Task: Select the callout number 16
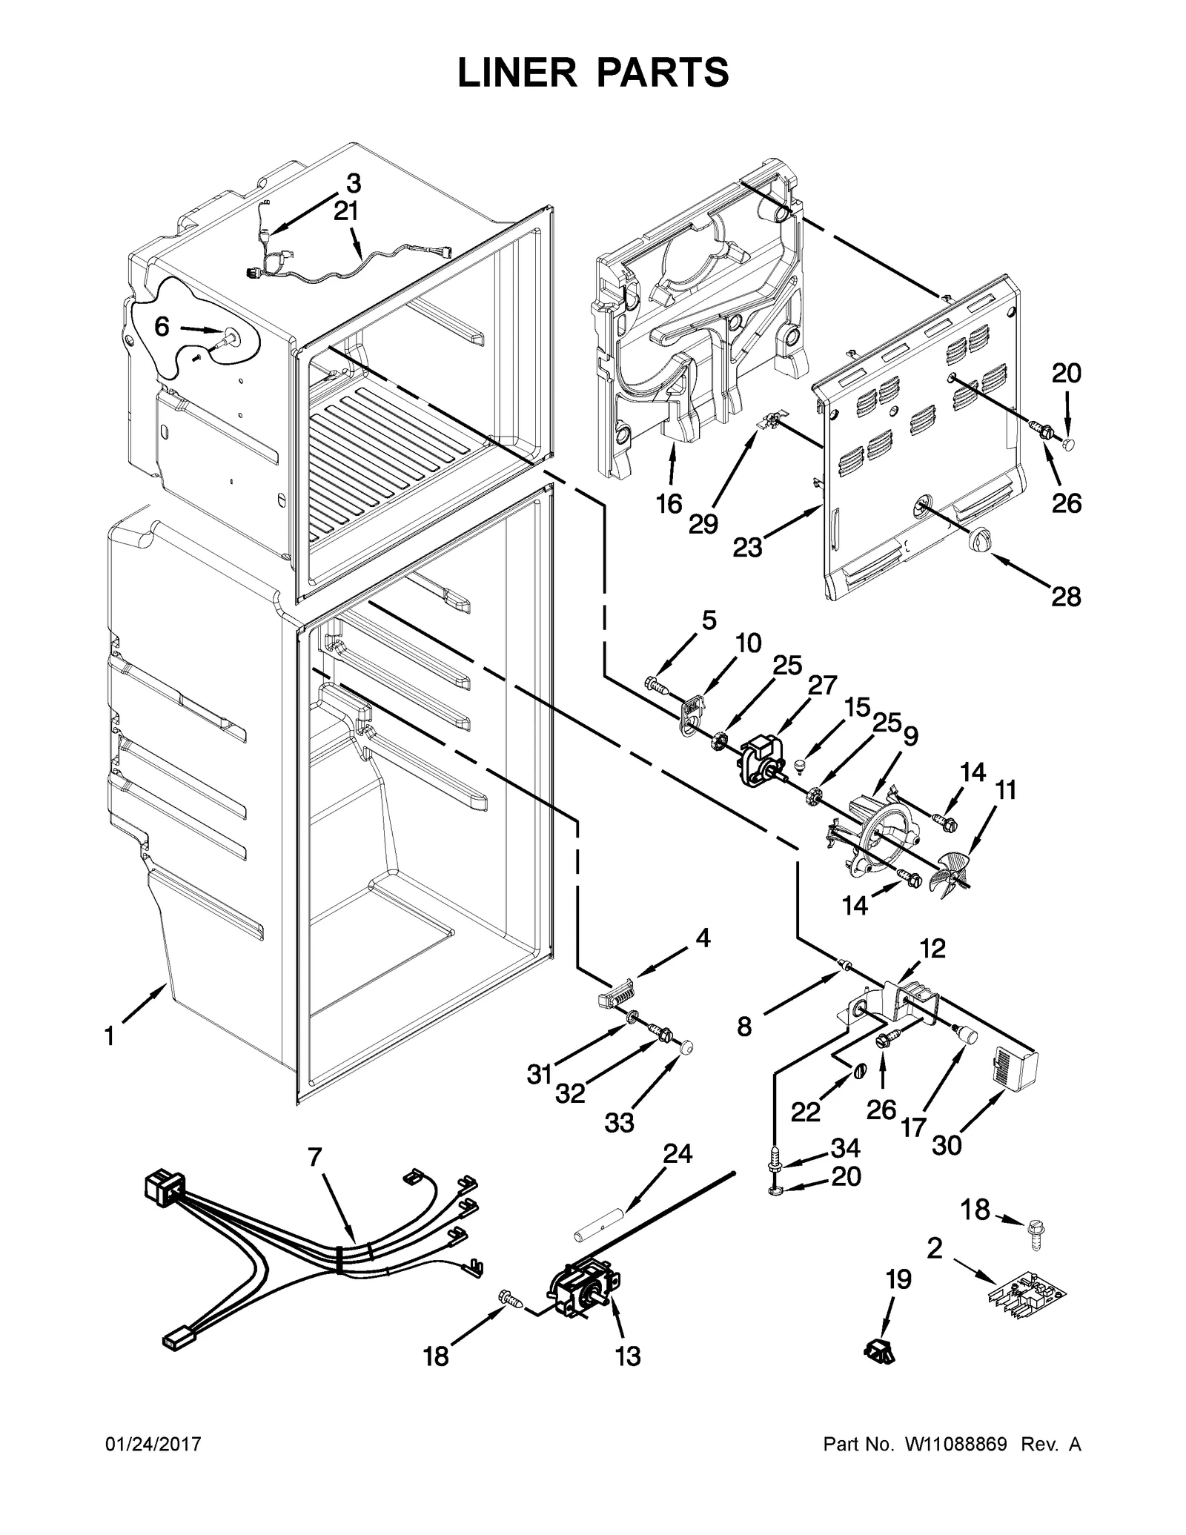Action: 669,504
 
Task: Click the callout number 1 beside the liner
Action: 109,1036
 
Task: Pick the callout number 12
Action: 932,948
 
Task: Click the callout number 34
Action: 845,1148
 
